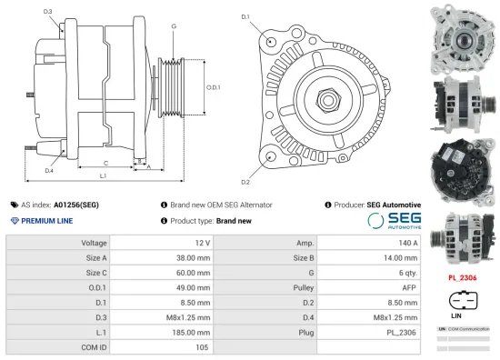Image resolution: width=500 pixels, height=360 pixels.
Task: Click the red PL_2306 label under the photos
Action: [x=463, y=276]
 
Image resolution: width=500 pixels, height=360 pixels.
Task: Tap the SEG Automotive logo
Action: [x=394, y=221]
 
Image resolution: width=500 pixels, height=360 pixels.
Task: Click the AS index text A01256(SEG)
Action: [x=75, y=205]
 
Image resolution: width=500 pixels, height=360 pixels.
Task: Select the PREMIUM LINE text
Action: [x=47, y=221]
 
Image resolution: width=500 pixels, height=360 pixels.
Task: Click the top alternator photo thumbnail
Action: [x=463, y=35]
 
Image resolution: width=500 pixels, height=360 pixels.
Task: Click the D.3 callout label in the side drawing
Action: [x=47, y=12]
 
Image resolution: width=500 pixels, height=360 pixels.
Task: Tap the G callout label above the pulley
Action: [x=173, y=25]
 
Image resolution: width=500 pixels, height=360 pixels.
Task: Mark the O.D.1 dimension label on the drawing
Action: [x=214, y=86]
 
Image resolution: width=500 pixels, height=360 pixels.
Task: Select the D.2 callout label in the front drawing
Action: [x=246, y=169]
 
